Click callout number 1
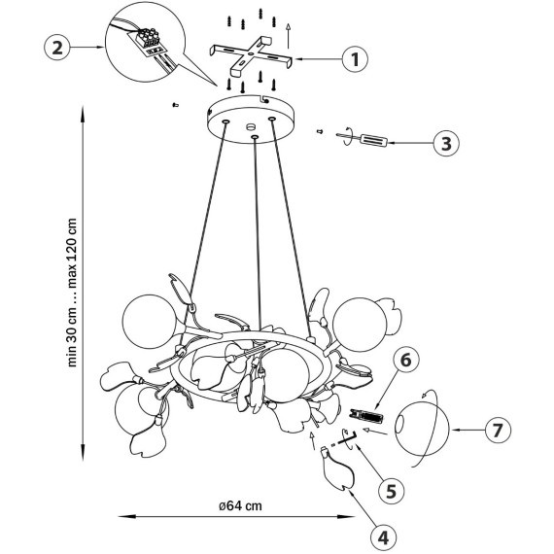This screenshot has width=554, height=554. [x=355, y=59]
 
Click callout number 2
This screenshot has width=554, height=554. [x=57, y=47]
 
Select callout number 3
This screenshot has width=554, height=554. [x=446, y=144]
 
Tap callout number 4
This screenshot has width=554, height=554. [x=383, y=537]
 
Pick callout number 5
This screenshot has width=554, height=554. [x=391, y=491]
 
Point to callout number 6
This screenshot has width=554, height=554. [x=406, y=360]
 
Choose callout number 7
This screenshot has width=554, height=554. [x=498, y=430]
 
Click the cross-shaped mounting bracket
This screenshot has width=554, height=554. [x=251, y=55]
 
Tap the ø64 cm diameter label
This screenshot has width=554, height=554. [x=240, y=505]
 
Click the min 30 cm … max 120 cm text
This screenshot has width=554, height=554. [x=72, y=293]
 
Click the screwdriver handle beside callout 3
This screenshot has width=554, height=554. [x=373, y=140]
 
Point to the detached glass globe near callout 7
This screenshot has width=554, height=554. [x=422, y=429]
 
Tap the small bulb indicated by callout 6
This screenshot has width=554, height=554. [x=365, y=416]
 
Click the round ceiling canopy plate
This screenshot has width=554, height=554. [x=251, y=120]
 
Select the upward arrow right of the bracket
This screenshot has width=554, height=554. [x=289, y=36]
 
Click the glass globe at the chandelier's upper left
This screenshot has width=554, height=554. [x=151, y=322]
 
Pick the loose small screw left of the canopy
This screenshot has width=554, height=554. [x=175, y=105]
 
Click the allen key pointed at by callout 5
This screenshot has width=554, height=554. [x=348, y=438]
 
